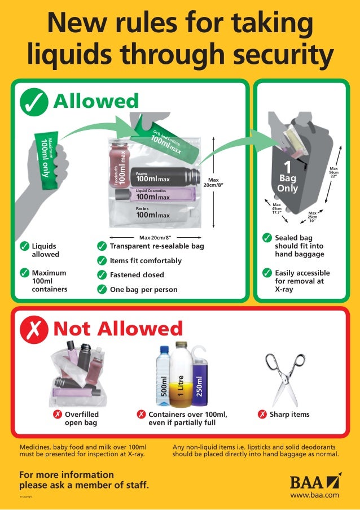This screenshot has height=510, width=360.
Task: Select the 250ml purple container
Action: pyautogui.click(x=198, y=378)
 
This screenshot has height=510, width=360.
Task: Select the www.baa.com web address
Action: pyautogui.click(x=314, y=495)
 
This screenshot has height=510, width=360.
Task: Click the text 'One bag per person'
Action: pyautogui.click(x=143, y=289)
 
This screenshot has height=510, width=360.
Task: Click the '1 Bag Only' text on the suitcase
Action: pyautogui.click(x=287, y=178)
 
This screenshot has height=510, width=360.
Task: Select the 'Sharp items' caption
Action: pyautogui.click(x=289, y=415)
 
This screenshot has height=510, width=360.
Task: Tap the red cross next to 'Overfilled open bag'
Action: pyautogui.click(x=57, y=415)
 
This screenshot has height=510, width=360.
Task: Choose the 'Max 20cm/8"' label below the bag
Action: pyautogui.click(x=155, y=237)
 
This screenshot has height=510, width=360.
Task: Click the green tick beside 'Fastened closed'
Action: pyautogui.click(x=102, y=275)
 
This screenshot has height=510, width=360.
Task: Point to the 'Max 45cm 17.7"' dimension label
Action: pyautogui.click(x=277, y=209)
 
